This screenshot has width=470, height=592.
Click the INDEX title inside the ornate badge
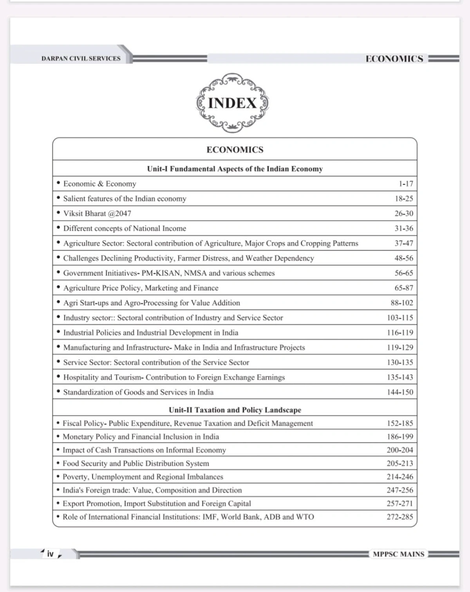(x=232, y=103)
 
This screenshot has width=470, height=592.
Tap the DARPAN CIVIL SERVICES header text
(x=81, y=59)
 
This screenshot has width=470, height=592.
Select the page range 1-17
(x=405, y=184)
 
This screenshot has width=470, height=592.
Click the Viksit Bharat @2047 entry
(x=97, y=214)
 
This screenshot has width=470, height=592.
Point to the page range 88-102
(x=401, y=303)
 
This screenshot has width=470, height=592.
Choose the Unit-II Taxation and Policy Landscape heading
(x=235, y=410)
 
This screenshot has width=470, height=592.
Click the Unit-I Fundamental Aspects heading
(x=235, y=169)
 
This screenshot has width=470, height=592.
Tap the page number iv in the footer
(x=50, y=554)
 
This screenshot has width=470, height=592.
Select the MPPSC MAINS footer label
(x=398, y=554)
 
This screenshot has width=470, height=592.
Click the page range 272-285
(x=399, y=517)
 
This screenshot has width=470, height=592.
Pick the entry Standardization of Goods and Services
(x=138, y=392)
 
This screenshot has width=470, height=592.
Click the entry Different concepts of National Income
(x=125, y=228)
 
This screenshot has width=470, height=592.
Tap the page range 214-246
(x=399, y=477)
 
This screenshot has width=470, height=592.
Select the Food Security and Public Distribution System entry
(x=136, y=463)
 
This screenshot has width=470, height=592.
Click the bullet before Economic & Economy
(x=58, y=183)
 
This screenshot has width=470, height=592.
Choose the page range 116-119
(x=399, y=333)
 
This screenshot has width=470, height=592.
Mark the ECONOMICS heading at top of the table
(x=235, y=150)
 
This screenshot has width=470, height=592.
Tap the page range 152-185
(x=399, y=423)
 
